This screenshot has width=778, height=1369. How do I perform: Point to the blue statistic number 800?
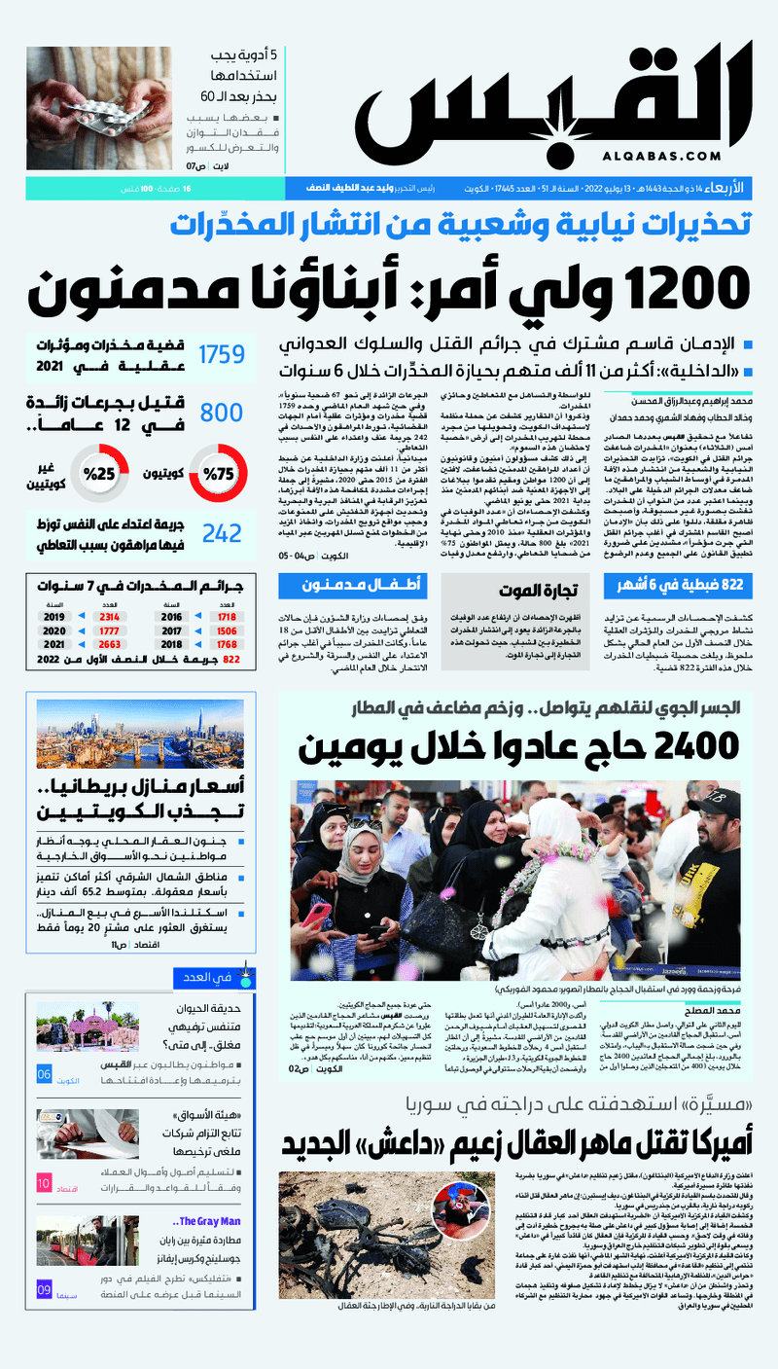pyautogui.click(x=221, y=414)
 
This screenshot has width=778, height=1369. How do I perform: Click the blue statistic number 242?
pyautogui.click(x=222, y=532)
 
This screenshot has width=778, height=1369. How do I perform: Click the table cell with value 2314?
pyautogui.click(x=109, y=617)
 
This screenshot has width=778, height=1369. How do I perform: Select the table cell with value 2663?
pyautogui.click(x=109, y=644)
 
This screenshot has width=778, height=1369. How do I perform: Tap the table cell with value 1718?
pyautogui.click(x=228, y=617)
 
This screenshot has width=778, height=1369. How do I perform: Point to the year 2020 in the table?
pyautogui.click(x=53, y=630)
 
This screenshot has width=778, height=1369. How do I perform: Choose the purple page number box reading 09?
pyautogui.click(x=45, y=1289)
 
